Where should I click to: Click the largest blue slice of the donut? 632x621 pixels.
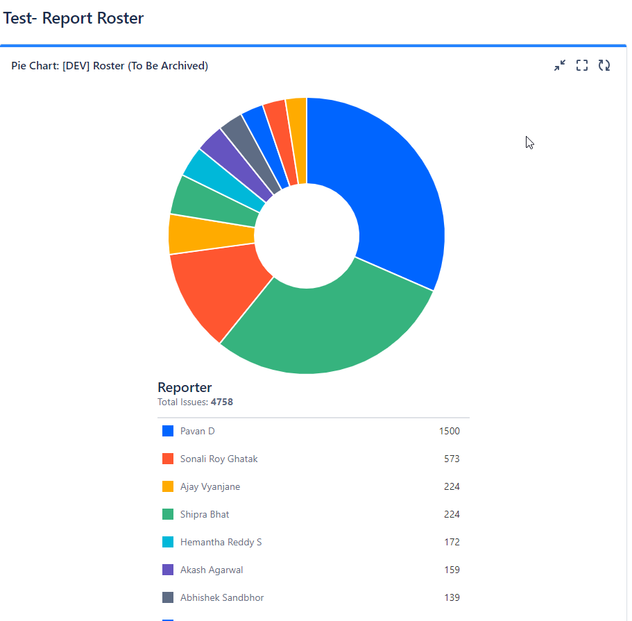(388, 187)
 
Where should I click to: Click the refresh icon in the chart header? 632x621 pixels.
(604, 65)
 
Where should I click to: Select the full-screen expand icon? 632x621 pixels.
(582, 65)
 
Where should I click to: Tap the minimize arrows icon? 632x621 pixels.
(560, 65)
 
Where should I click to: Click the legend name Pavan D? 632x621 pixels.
(198, 431)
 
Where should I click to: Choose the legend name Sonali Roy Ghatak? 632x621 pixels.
(219, 459)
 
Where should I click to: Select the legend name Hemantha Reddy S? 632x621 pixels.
(221, 542)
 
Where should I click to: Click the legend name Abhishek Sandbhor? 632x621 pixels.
(222, 597)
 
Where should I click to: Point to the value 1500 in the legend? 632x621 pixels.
(449, 431)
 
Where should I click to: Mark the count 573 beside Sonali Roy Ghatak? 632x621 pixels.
(452, 459)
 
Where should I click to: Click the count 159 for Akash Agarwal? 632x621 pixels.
(452, 570)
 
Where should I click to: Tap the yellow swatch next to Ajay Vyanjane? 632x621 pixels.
(168, 486)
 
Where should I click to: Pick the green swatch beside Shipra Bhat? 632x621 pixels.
(168, 514)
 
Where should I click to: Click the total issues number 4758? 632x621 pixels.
(222, 402)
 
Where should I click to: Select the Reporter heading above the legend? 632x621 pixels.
(185, 387)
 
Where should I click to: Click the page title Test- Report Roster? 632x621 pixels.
(74, 18)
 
